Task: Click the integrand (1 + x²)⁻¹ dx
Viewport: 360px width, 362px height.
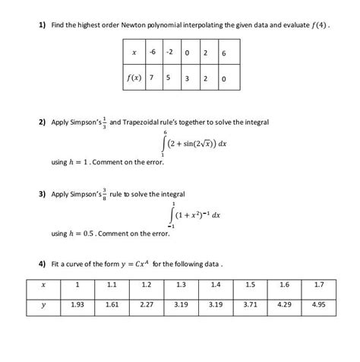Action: pyautogui.click(x=196, y=215)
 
